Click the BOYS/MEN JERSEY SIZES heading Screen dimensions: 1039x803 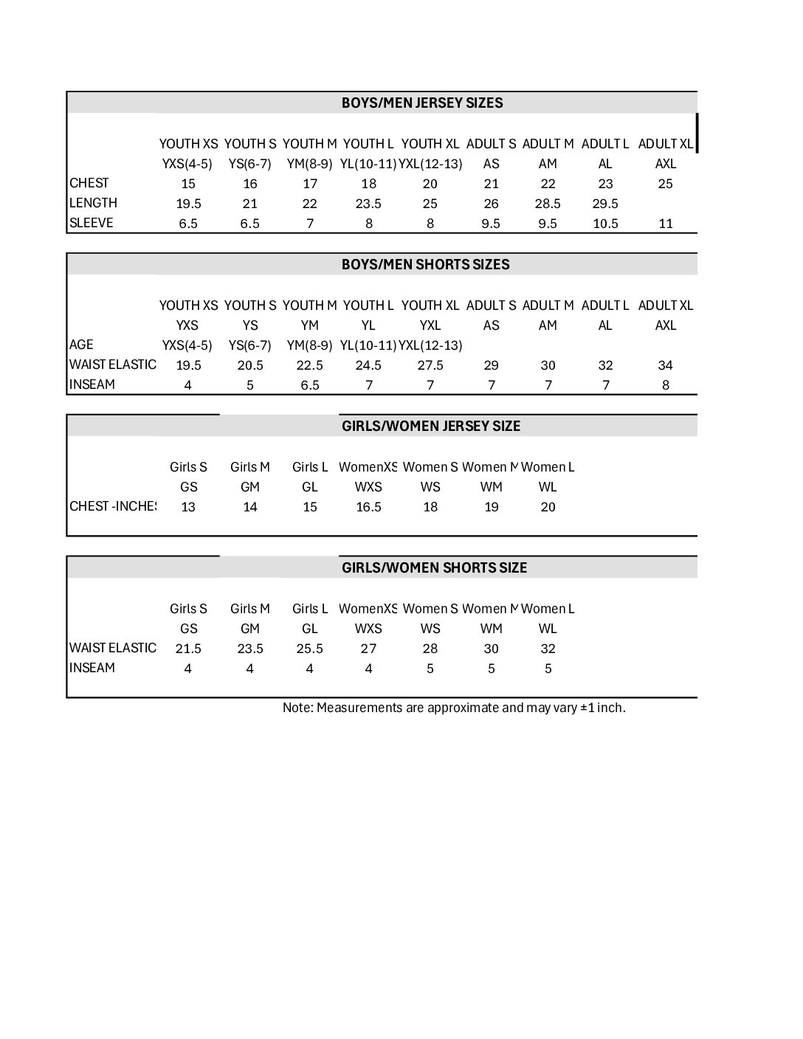(421, 103)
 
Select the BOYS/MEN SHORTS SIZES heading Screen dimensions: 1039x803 (425, 265)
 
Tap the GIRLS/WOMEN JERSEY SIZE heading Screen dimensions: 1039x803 (430, 427)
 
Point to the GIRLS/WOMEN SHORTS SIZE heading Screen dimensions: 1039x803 (434, 568)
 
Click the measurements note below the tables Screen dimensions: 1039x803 (454, 708)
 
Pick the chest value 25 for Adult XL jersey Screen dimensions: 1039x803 (665, 184)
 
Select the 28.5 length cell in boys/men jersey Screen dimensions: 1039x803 (548, 204)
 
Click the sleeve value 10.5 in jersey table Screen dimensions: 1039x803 (605, 224)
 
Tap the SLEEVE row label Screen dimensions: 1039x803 (92, 223)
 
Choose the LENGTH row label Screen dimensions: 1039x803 (93, 203)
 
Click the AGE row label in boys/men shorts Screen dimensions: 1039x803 (81, 345)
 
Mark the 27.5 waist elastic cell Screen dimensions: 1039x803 (430, 365)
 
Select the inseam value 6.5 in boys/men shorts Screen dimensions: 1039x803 (310, 385)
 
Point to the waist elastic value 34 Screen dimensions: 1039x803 (665, 365)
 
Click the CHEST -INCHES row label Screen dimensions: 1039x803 (112, 506)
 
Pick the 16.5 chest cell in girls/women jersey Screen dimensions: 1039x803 (368, 507)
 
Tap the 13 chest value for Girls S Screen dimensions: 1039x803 (188, 507)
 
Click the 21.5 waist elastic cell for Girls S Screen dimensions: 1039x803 (188, 649)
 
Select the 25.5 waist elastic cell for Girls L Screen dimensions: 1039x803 (310, 649)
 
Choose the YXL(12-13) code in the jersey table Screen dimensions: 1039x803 (430, 164)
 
